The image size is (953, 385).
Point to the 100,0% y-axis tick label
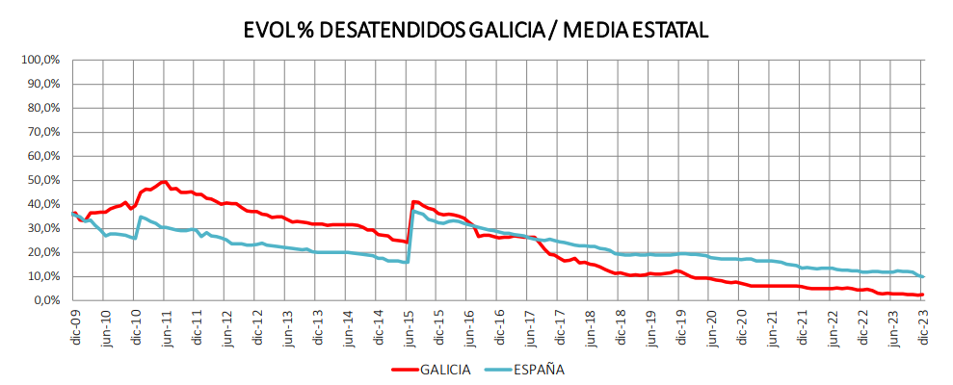coord(40,60)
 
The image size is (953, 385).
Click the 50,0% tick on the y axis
coord(43,180)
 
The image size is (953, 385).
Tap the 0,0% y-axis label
coord(46,300)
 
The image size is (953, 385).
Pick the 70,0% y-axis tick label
coord(43,132)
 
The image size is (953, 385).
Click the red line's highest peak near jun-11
coord(165,182)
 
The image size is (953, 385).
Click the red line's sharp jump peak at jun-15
coord(414,201)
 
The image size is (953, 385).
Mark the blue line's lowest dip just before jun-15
coord(408,262)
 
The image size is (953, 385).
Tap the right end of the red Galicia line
coord(923,295)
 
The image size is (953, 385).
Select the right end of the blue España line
coord(923,277)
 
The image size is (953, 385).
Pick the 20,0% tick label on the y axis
coord(43,252)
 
